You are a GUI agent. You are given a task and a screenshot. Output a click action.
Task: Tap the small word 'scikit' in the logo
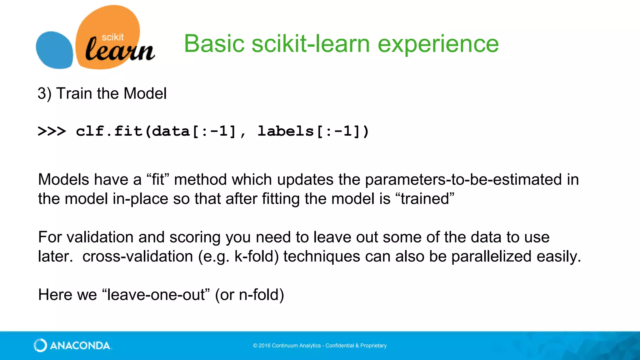[112, 37]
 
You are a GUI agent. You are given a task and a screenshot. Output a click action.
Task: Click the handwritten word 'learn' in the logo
[119, 50]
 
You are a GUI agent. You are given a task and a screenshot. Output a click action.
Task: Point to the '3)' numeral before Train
[44, 93]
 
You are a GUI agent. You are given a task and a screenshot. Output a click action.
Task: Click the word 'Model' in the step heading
[145, 93]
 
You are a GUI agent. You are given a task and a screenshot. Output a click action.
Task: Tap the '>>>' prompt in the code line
[52, 131]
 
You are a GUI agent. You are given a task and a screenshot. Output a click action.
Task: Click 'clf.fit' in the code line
[109, 131]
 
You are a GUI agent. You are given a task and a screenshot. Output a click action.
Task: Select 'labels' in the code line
[285, 131]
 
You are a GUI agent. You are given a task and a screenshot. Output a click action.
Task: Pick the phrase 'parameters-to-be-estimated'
[463, 180]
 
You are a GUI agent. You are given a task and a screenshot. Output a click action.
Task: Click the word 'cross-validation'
[137, 257]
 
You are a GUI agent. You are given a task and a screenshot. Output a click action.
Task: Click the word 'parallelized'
[491, 257]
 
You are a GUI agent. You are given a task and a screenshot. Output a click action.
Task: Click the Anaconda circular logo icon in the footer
[40, 345]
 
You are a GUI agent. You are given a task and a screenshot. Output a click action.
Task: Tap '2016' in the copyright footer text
[264, 346]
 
